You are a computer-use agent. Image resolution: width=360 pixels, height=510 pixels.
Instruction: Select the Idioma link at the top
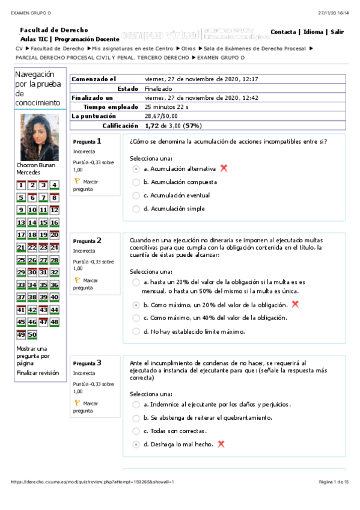[x=313, y=32]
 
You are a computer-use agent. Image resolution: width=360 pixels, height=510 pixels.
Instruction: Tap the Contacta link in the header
[x=283, y=32]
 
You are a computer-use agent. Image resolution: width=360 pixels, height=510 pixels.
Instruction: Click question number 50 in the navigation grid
[x=32, y=334]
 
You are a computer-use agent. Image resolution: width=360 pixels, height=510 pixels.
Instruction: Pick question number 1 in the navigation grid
[x=21, y=185]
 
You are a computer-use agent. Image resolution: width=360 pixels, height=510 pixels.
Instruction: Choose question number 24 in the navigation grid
[x=55, y=247]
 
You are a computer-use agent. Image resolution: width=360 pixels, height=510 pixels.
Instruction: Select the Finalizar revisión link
[x=37, y=373]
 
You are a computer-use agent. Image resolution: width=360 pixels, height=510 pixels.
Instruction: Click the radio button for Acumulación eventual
[x=136, y=195]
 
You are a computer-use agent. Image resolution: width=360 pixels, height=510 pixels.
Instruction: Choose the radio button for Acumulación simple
[x=136, y=209]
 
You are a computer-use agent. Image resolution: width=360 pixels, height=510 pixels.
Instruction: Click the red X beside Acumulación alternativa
[x=224, y=168]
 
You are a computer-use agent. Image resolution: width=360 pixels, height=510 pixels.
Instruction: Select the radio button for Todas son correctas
[x=136, y=431]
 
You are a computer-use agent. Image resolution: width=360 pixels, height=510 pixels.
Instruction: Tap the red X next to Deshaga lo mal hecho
[x=221, y=444]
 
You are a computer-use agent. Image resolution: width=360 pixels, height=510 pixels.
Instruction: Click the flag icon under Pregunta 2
[x=76, y=280]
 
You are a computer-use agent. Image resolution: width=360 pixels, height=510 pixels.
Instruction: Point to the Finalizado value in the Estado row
[x=159, y=88]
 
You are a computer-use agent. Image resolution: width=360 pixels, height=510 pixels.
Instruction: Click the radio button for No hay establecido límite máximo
[x=136, y=331]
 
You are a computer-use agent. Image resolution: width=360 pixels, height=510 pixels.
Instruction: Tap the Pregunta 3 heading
[x=87, y=363]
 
